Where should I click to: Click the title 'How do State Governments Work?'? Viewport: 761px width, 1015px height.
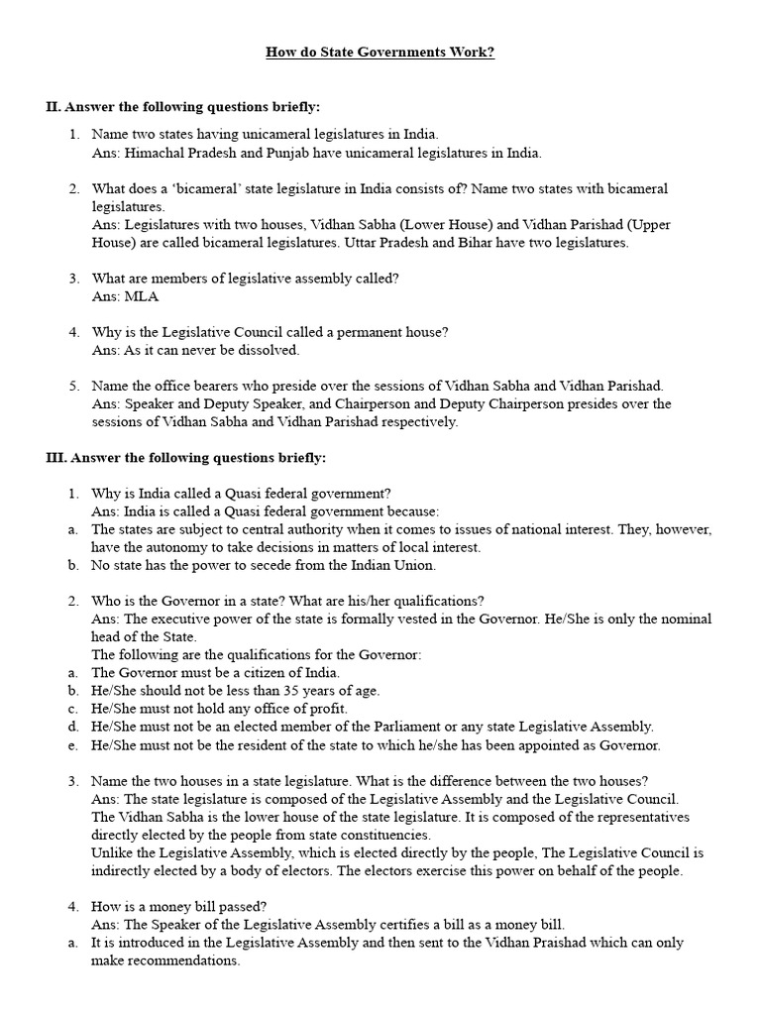click(x=380, y=52)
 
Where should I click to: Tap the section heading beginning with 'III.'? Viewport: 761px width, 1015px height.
click(x=186, y=458)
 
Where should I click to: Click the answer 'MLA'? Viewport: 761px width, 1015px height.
click(x=141, y=296)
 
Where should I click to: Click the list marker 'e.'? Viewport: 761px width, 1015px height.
click(x=73, y=744)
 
